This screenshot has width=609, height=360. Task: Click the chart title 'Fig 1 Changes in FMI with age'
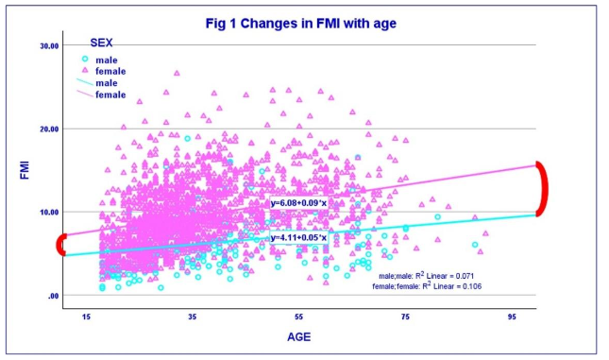pos(305,22)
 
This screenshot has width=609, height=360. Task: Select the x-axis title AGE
pos(299,336)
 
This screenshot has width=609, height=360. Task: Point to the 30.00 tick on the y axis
pos(49,45)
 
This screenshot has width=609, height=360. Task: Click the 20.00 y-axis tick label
pos(49,129)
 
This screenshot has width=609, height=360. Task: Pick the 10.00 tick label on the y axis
pos(49,212)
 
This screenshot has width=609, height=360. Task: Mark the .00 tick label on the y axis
pos(54,296)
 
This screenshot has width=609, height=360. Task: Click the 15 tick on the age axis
pos(86,317)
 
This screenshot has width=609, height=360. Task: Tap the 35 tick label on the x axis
pos(193,317)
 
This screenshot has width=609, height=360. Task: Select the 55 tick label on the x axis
pos(299,317)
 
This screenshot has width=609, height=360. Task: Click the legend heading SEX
pos(102,43)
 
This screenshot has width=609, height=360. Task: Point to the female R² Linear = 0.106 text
pos(425,283)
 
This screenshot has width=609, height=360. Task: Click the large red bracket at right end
pos(541,189)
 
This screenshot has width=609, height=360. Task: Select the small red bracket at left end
pos(61,245)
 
